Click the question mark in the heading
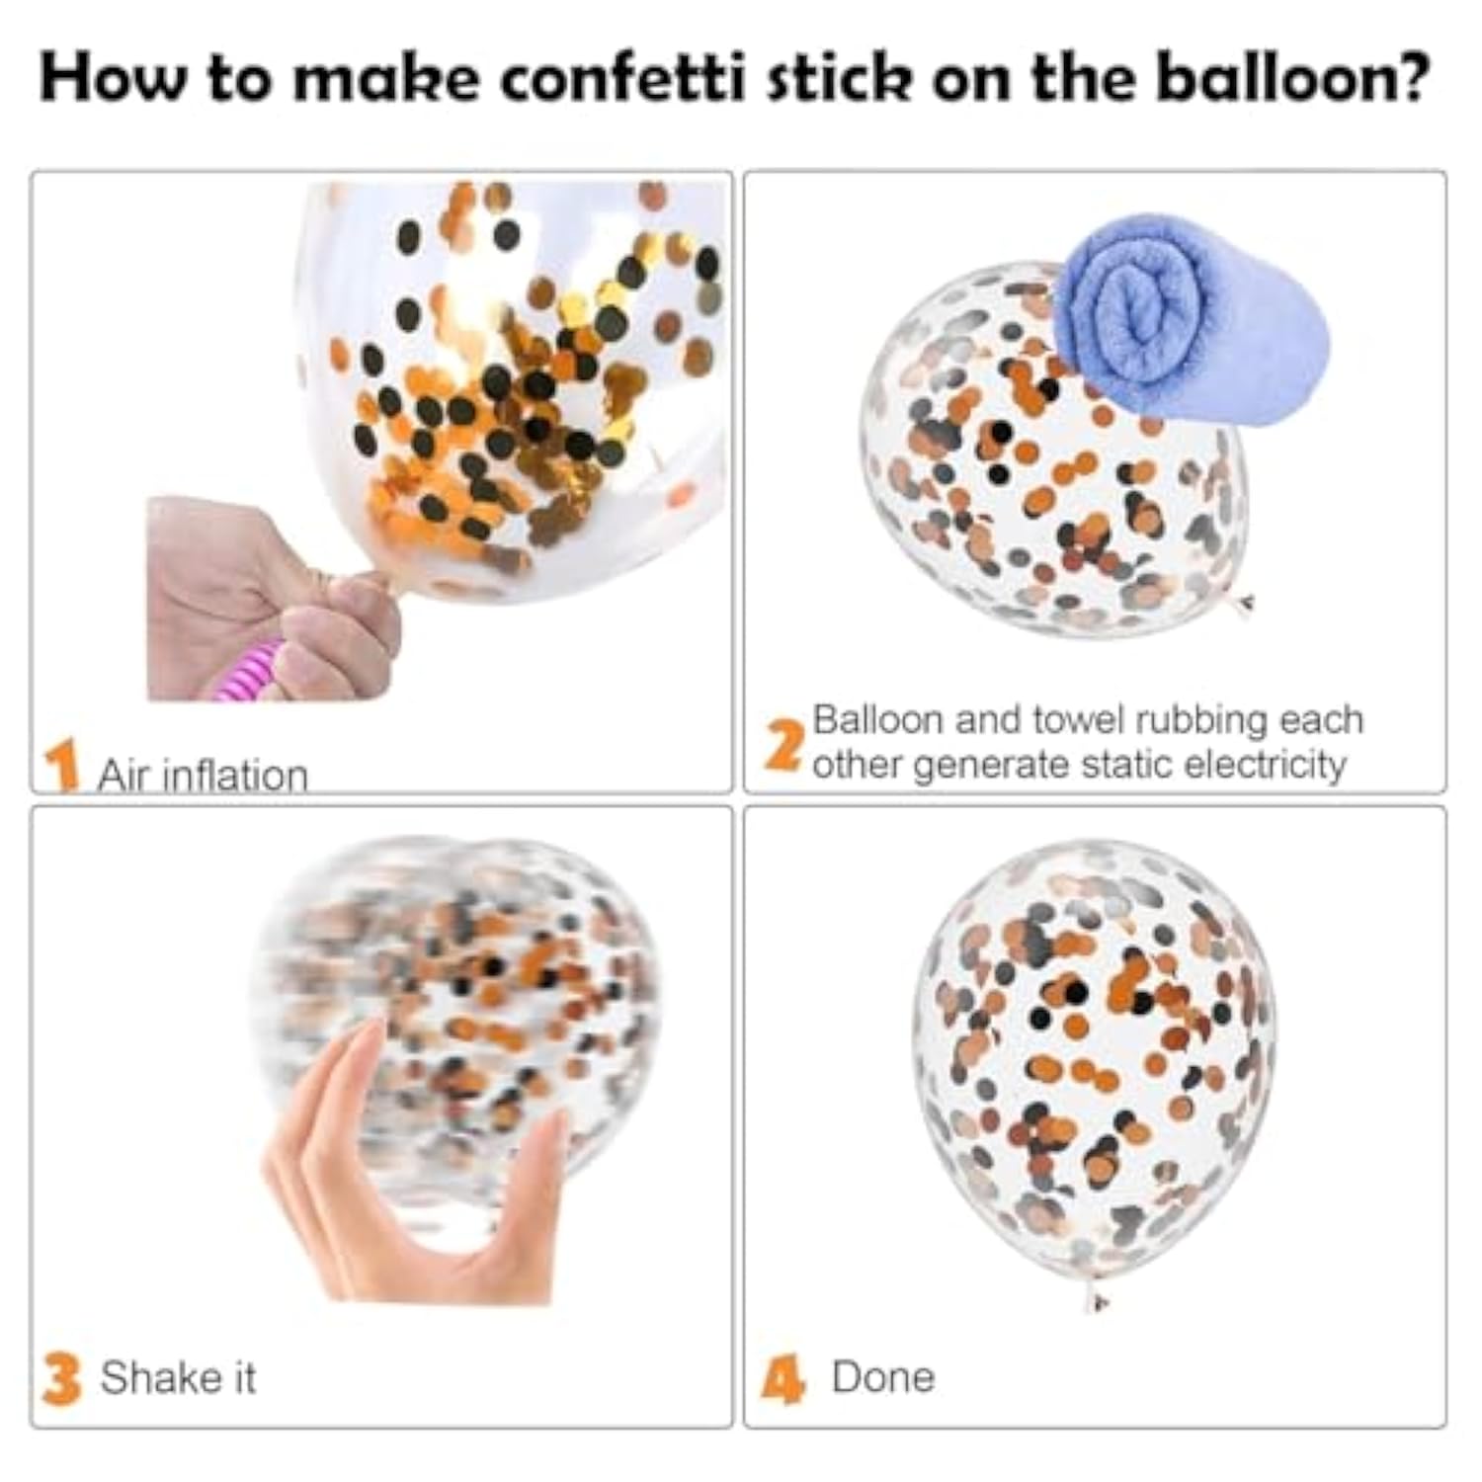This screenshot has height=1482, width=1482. click(1407, 76)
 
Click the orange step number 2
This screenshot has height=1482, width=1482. click(783, 746)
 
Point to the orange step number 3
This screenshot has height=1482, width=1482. click(61, 1378)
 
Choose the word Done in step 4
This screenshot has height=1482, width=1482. click(883, 1377)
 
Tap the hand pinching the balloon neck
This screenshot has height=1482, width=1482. click(272, 598)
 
